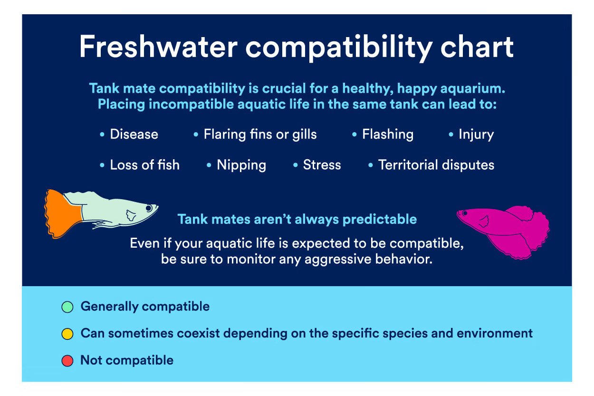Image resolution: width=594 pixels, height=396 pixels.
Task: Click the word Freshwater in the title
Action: coord(158,47)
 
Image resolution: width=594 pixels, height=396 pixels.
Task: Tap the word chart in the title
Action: coord(477,47)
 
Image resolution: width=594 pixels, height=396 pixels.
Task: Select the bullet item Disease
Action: coord(134,134)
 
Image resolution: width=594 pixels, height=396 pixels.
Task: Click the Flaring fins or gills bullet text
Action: coord(260,134)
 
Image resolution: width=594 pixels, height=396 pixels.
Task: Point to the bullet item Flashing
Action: coord(388,134)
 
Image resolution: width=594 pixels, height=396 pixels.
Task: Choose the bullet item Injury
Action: coord(476,135)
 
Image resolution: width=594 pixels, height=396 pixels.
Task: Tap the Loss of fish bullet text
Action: coord(145,164)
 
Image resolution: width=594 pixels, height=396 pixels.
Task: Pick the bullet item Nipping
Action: coord(241,165)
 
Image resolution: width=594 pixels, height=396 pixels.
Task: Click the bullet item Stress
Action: coord(322,164)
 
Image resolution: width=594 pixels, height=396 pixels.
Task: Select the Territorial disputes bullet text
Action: coord(436,164)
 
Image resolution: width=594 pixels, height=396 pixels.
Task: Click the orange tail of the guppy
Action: coord(62,214)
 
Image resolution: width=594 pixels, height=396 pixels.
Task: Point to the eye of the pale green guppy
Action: coord(149,208)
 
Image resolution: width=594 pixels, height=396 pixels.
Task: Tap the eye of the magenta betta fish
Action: coord(465,213)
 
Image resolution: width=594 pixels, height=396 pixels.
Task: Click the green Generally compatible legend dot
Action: coord(67,307)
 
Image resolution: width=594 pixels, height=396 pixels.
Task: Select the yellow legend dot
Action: coord(67,334)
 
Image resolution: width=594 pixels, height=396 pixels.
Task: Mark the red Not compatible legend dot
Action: coord(67,361)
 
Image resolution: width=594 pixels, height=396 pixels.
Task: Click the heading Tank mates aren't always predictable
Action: coord(297,220)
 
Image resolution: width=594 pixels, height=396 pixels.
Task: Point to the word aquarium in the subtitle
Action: coord(473,88)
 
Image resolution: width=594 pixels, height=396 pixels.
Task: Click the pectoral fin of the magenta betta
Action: coord(484,222)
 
